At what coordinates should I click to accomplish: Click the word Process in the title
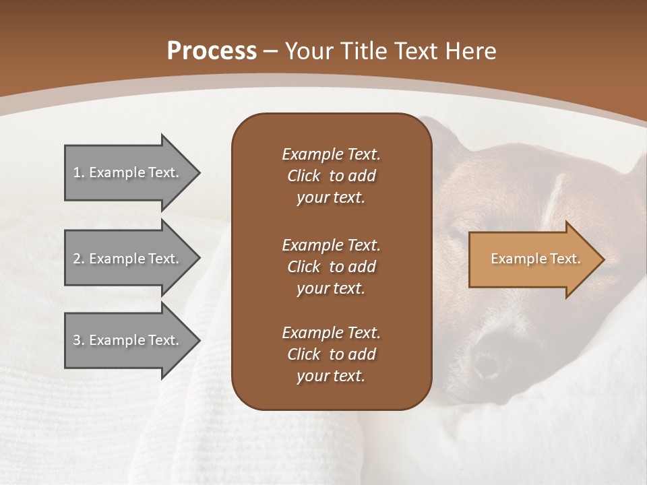212,51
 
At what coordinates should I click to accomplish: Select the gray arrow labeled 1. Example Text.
128,172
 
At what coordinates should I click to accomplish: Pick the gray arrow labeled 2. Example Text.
128,259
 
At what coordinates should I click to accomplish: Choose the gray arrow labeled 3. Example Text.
128,340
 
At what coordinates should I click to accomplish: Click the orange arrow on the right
532,259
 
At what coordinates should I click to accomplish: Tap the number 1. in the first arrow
79,172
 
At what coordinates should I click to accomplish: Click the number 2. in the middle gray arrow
79,259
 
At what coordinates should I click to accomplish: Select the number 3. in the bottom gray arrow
79,340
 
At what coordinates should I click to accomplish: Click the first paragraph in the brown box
331,176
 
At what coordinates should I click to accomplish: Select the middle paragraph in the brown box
331,266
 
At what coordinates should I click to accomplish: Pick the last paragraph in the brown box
331,354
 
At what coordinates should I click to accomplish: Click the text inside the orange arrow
535,259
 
